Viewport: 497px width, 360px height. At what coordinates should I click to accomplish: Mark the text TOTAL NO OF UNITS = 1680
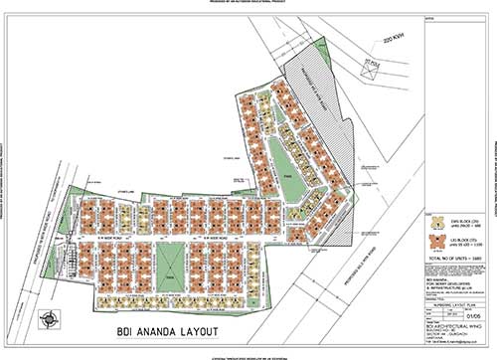pyautogui.click(x=451, y=258)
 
